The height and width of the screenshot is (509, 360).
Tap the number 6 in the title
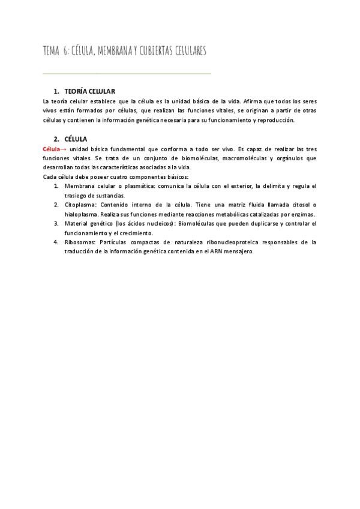click(x=64, y=52)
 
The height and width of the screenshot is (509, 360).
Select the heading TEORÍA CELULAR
click(x=89, y=91)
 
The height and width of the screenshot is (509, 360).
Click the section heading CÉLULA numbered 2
click(x=76, y=139)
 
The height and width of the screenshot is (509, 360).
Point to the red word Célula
click(x=52, y=148)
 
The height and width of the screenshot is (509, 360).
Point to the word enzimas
click(x=302, y=214)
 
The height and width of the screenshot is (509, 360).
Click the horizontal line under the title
click(x=127, y=74)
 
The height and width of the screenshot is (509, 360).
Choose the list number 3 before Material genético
click(x=56, y=223)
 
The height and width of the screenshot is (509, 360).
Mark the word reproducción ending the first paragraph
click(x=276, y=120)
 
